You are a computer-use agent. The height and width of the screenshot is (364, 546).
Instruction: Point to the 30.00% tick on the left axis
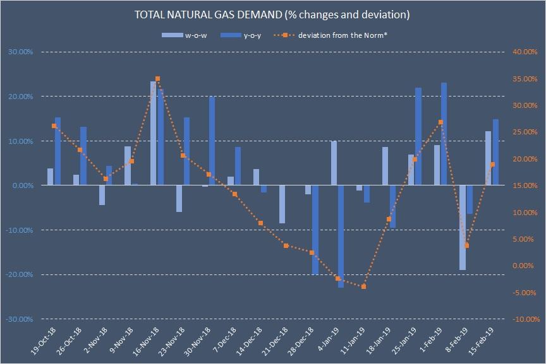tap(20, 52)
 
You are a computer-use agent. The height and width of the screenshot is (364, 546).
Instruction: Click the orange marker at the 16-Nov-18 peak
tap(157, 79)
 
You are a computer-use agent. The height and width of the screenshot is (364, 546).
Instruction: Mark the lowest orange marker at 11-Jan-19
tap(363, 286)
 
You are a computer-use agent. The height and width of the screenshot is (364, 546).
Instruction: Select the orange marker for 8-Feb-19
tap(466, 245)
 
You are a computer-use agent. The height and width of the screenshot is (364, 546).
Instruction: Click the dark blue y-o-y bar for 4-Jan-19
tap(341, 237)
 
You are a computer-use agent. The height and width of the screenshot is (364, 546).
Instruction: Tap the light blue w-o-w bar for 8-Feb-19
tap(463, 227)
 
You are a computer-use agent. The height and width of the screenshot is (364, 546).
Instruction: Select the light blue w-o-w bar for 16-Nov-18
tap(154, 133)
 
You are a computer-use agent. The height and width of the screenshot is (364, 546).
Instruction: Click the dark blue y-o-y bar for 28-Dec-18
tap(315, 230)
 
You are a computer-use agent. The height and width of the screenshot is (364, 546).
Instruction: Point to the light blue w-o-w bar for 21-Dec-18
tap(282, 204)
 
